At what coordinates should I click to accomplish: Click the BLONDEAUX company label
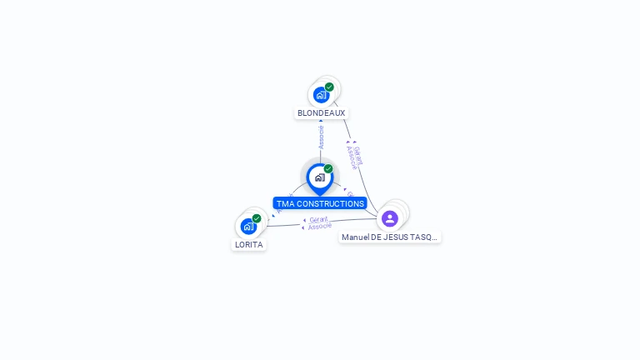(321, 112)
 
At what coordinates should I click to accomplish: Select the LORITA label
(248, 245)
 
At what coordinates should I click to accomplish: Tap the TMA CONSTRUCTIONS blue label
(320, 203)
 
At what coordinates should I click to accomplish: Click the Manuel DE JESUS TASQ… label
(389, 237)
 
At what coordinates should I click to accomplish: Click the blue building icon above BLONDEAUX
(321, 95)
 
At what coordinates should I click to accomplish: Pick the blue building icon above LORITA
(248, 226)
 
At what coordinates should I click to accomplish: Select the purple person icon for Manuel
(390, 219)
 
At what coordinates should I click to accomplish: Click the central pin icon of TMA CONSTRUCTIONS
(319, 177)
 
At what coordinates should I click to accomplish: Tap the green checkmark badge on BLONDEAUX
(329, 87)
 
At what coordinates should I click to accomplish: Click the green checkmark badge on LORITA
(257, 218)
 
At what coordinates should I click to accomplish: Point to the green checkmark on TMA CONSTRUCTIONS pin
(328, 169)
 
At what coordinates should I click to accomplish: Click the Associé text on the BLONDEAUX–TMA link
(321, 137)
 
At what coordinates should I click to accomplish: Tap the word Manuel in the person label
(356, 237)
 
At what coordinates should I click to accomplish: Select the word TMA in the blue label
(284, 203)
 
